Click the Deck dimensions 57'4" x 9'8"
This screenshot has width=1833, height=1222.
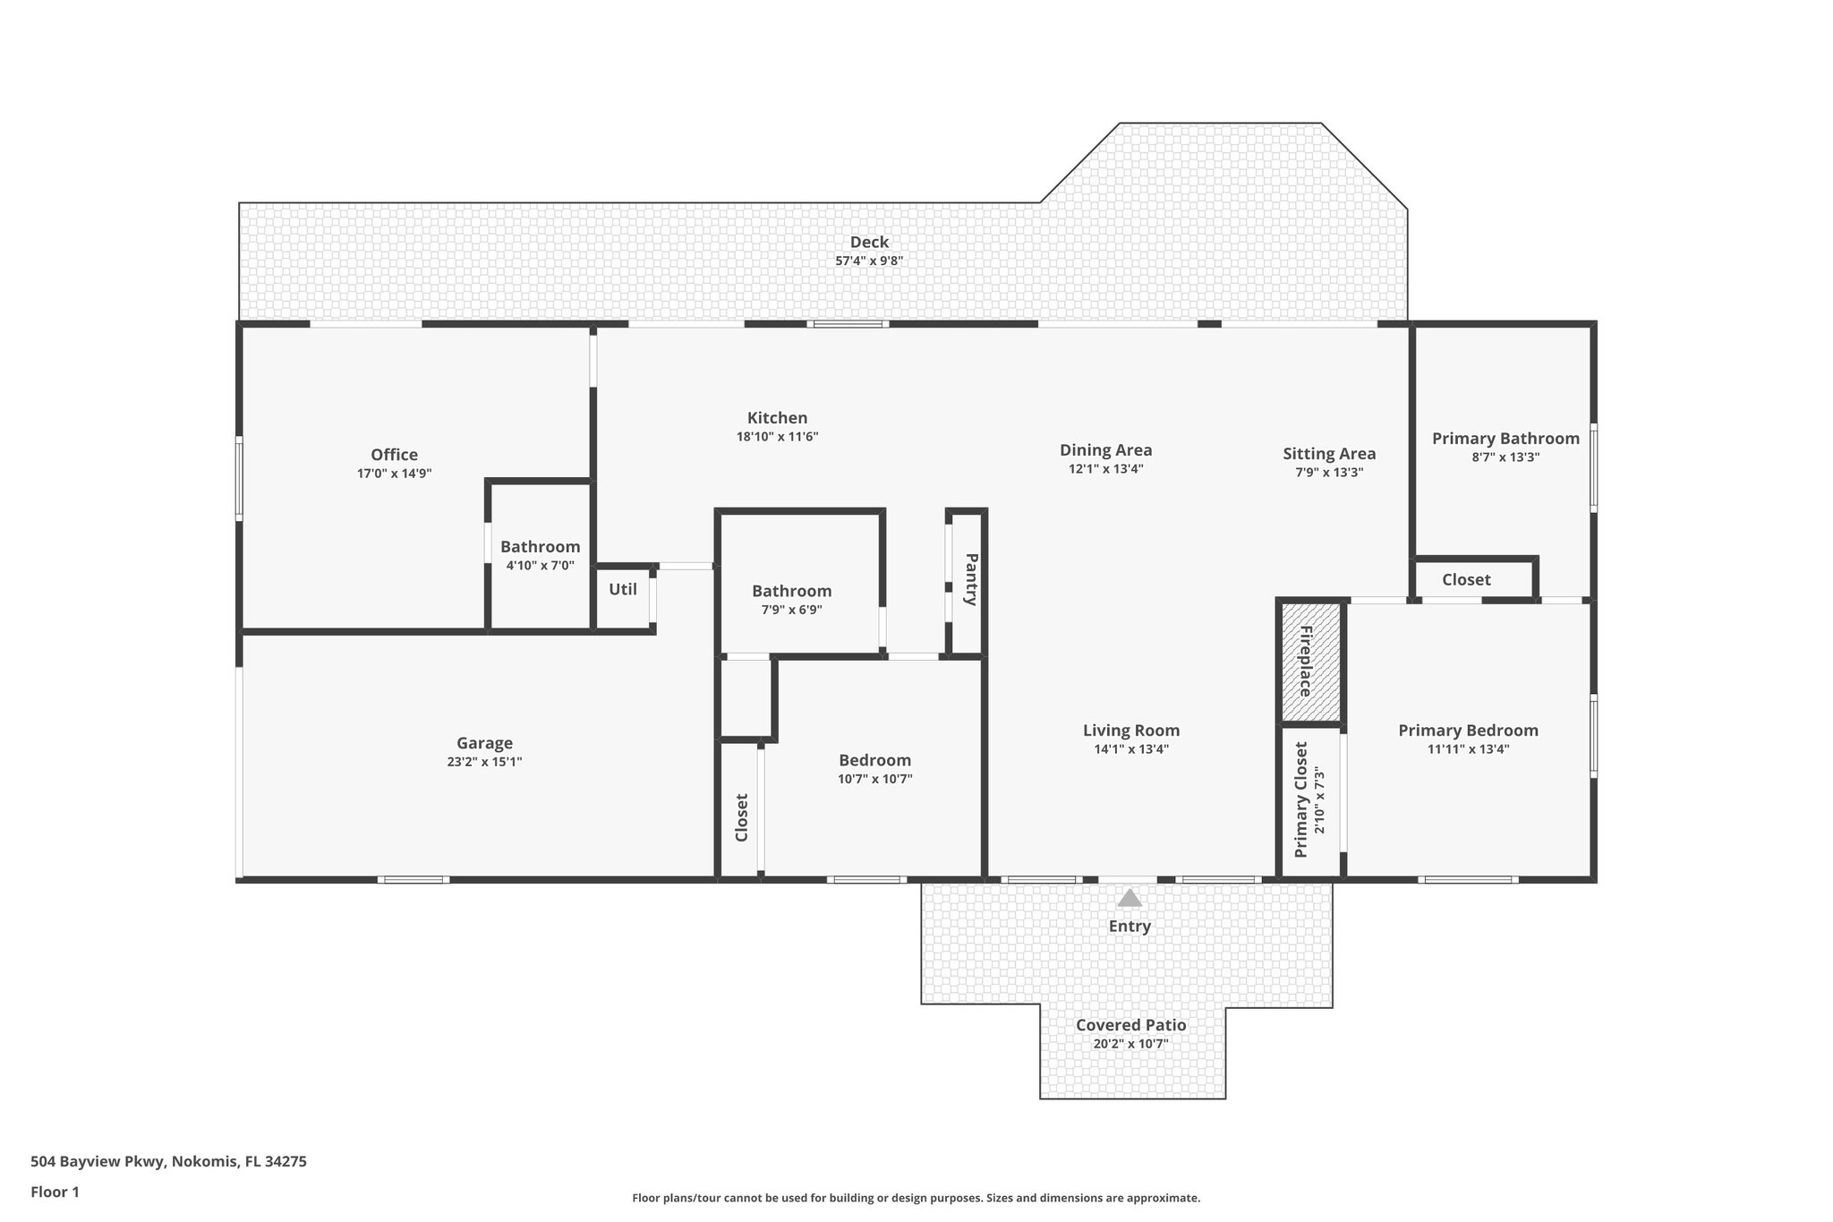point(869,261)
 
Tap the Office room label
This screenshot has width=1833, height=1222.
point(394,455)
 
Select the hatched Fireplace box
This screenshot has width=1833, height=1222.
point(1311,662)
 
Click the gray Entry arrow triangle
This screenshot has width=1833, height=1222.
point(1130,898)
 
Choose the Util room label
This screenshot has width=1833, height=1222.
point(623,589)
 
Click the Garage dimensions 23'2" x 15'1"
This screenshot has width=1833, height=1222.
point(484,762)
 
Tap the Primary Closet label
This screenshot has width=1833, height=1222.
point(1300,799)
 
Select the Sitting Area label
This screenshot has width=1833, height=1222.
point(1329,454)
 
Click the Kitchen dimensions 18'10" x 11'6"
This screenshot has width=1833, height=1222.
point(777,437)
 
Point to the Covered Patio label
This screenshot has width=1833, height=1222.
point(1130,1025)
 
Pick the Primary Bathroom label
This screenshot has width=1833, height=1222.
point(1505,439)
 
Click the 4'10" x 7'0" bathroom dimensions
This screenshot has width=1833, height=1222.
point(540,566)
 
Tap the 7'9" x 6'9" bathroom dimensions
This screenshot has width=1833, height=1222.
point(791,610)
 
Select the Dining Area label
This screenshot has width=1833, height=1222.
point(1105,450)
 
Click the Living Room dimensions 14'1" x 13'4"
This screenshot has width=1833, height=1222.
point(1130,749)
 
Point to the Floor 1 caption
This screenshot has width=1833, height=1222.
point(55,1192)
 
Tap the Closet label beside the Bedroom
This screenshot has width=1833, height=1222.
point(741,817)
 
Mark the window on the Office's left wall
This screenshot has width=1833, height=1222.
point(239,478)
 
